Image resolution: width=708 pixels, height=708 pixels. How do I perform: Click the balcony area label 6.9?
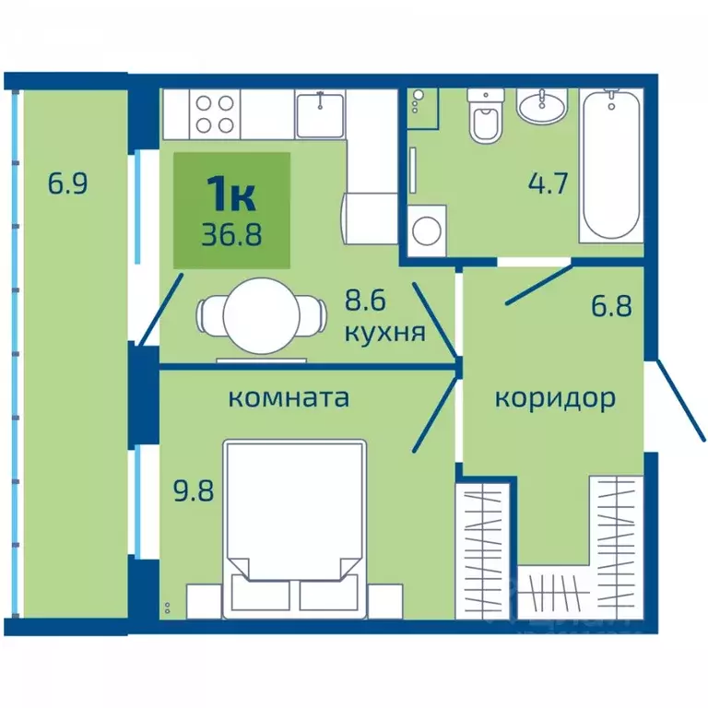pos(67,183)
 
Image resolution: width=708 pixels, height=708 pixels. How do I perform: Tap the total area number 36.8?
pos(231,235)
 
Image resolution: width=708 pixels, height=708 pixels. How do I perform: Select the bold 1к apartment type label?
pos(231,195)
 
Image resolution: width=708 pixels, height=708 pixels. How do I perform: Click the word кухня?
pos(385,333)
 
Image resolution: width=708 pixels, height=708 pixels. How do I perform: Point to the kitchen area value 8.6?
pos(365,301)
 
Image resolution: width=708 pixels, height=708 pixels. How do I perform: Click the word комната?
pos(289,398)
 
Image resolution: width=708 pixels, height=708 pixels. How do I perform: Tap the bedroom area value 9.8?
pos(194,490)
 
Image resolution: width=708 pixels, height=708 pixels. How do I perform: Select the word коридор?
pos(555,399)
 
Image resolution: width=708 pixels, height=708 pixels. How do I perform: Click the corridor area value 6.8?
pos(611,306)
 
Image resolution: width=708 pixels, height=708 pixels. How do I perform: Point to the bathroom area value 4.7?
pos(548,183)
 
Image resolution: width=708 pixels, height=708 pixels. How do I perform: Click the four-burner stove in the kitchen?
pos(215,114)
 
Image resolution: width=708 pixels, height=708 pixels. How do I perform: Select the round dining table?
pos(262,316)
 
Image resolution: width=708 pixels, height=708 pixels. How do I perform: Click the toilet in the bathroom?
pos(486,115)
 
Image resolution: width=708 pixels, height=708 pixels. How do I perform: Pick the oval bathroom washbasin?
pos(541,106)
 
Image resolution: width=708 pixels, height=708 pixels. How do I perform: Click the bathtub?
pos(611,165)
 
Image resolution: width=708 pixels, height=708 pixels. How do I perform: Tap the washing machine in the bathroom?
pos(427,231)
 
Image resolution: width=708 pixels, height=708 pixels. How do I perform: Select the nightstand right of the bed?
pos(385,601)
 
